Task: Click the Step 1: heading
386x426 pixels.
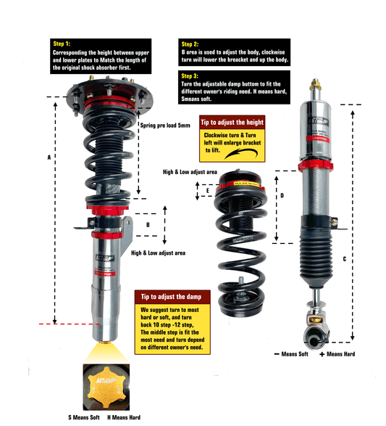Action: pyautogui.click(x=65, y=44)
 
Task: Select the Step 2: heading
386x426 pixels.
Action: pyautogui.click(x=191, y=44)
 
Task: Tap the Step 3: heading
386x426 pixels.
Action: pyautogui.click(x=191, y=75)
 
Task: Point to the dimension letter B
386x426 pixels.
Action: pyautogui.click(x=148, y=225)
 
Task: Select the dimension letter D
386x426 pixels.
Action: pyautogui.click(x=282, y=196)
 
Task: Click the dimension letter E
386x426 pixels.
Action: pyautogui.click(x=207, y=191)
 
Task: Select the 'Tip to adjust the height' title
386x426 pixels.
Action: pyautogui.click(x=230, y=122)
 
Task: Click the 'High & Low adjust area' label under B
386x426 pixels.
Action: pyautogui.click(x=158, y=253)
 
